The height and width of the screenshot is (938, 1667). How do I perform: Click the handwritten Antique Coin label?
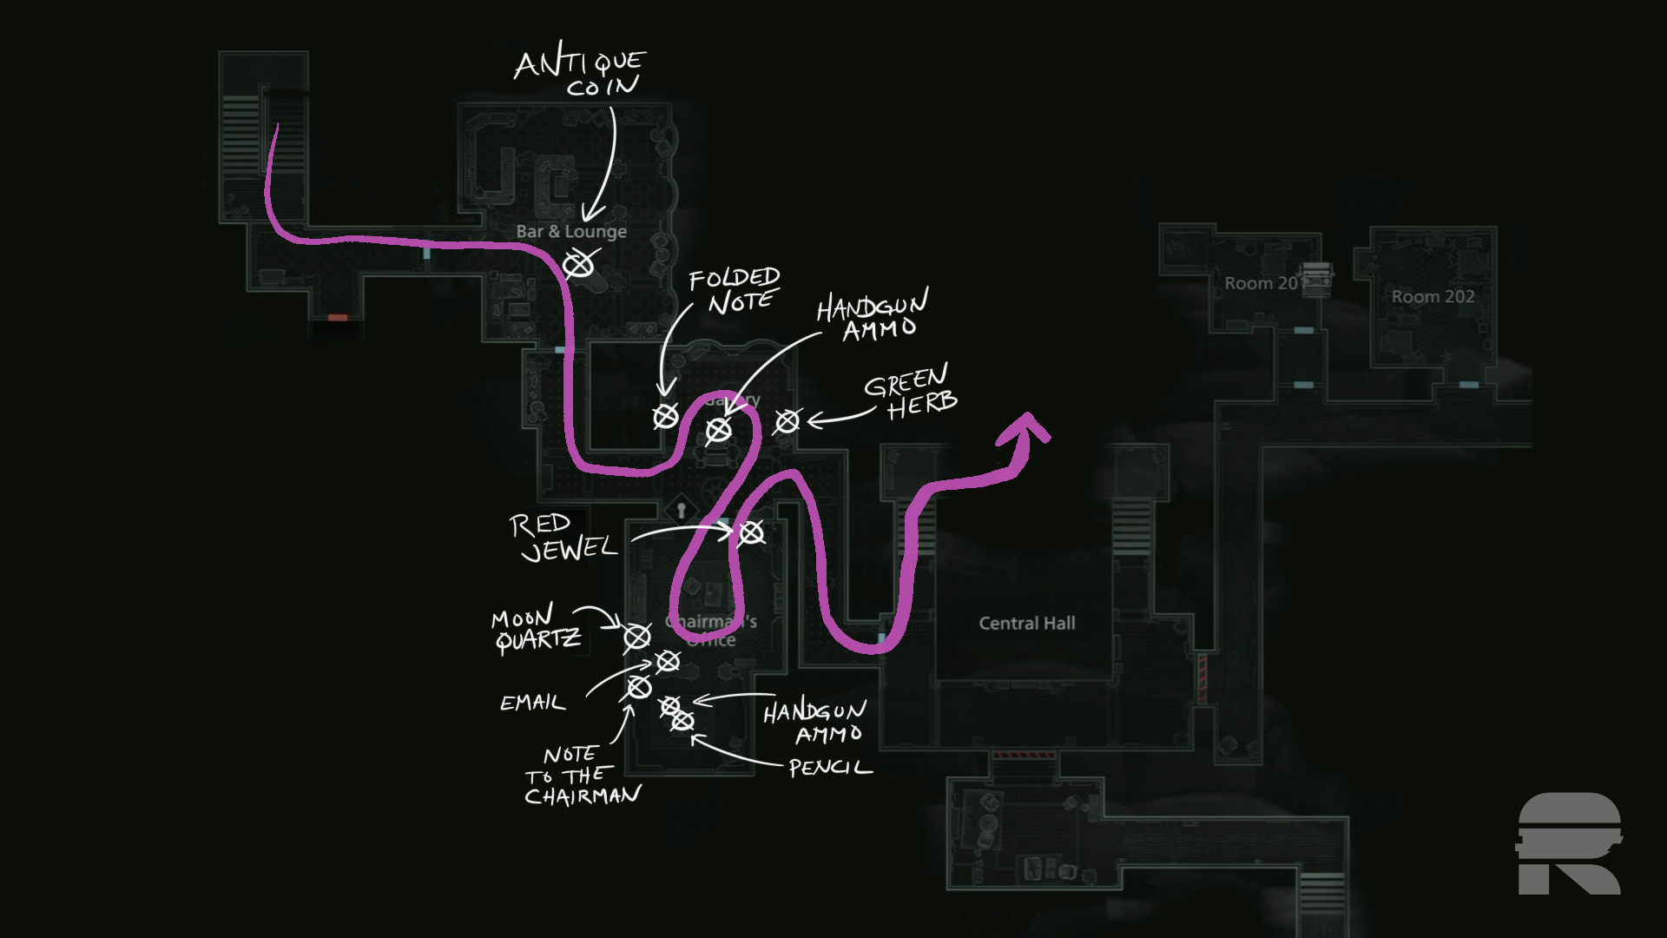[x=580, y=73]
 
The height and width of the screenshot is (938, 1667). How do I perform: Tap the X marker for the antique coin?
[x=579, y=264]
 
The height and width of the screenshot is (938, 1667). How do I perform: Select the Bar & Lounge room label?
[x=571, y=231]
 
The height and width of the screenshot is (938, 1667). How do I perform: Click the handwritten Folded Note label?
[x=735, y=290]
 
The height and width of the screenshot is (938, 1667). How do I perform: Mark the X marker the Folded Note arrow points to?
[x=666, y=417]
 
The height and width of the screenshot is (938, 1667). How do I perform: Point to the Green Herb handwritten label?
[x=910, y=393]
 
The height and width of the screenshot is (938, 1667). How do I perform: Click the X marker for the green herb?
[x=787, y=421]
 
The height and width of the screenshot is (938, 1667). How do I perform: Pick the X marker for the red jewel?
[x=751, y=532]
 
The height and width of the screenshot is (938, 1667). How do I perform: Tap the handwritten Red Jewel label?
[x=563, y=537]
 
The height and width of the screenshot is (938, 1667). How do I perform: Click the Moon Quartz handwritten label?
[x=537, y=630]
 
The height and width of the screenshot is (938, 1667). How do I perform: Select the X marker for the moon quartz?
[x=637, y=637]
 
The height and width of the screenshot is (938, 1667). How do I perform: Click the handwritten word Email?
[x=532, y=703]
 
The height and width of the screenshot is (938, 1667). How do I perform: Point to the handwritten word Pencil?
[x=830, y=768]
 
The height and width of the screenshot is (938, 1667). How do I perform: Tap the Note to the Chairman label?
[x=583, y=776]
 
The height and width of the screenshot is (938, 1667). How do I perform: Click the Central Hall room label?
[x=1027, y=623]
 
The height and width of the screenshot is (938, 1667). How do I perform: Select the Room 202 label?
[x=1433, y=296]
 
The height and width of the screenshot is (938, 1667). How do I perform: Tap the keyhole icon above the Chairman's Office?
[x=682, y=510]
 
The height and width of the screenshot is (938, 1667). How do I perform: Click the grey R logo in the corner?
[x=1569, y=843]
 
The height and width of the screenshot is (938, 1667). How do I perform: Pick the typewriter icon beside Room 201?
[x=1315, y=278]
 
